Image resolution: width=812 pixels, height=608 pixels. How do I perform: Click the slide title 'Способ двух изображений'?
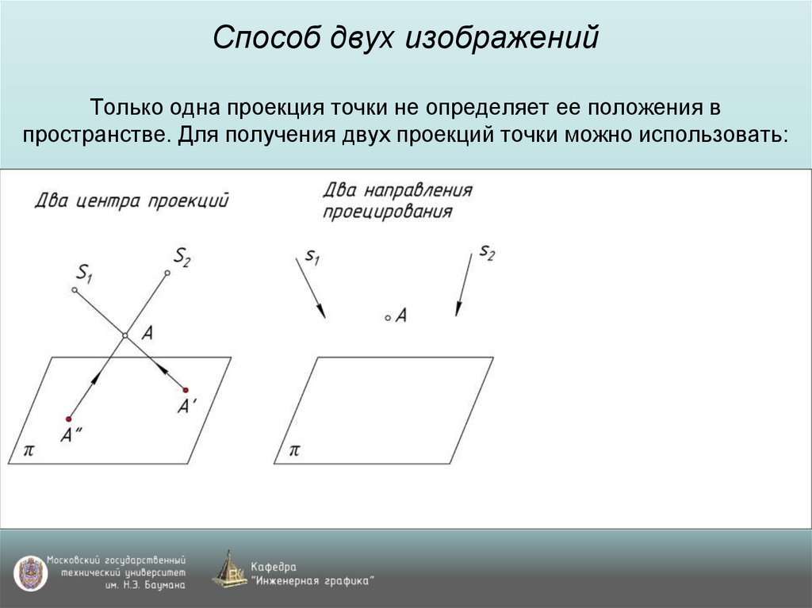(405, 39)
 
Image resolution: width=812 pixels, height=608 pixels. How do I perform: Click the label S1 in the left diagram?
(84, 273)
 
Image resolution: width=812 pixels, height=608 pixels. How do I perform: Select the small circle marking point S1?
(75, 291)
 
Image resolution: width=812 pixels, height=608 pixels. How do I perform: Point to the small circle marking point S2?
(167, 273)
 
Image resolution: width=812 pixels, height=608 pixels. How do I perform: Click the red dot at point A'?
(186, 389)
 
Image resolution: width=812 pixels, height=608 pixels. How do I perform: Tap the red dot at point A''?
(69, 419)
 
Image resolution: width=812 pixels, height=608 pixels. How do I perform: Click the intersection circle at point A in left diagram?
(124, 336)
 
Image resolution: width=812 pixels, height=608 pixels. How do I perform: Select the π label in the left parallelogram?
(29, 449)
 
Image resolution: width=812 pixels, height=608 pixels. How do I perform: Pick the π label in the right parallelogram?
(294, 449)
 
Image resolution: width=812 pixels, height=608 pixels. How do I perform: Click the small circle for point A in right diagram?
(388, 318)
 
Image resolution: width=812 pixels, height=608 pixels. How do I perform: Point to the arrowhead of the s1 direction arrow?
(321, 313)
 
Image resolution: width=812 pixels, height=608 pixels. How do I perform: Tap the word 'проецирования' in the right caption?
(388, 212)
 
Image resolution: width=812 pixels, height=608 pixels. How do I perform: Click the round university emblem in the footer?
(29, 572)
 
